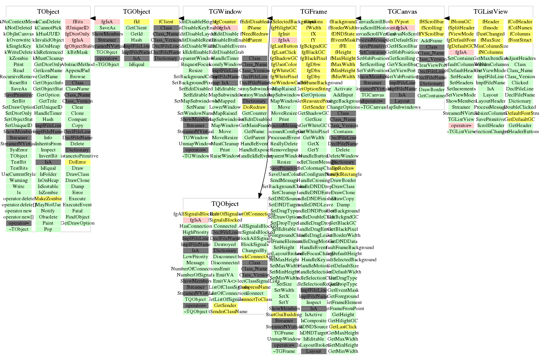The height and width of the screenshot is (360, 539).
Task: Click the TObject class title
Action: point(48,12)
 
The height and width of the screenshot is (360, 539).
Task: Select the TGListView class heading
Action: point(491,12)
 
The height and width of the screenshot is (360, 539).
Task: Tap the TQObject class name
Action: point(225,204)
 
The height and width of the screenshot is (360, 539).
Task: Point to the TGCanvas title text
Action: point(402,12)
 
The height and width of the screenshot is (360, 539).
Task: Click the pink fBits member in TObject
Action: point(78,22)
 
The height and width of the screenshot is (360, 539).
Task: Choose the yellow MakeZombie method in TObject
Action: point(48,199)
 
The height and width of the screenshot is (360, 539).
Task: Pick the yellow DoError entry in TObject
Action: point(77,162)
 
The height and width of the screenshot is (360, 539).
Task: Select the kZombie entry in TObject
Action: point(19,58)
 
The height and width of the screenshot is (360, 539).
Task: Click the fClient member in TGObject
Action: point(166,22)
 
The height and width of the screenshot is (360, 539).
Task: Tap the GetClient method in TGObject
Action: point(136,28)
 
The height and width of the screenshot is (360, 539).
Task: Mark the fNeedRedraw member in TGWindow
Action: point(254,34)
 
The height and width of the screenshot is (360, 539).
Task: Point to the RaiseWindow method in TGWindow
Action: point(225,156)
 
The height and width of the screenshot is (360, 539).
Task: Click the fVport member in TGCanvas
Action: point(402,22)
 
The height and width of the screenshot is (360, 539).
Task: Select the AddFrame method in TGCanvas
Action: point(431,41)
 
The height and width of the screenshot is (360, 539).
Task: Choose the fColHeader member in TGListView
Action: point(520,22)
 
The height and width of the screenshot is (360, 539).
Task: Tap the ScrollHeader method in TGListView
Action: point(491,125)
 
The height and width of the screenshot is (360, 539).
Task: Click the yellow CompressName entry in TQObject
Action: point(254,287)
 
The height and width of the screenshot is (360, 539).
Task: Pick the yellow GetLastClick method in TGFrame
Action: point(343,327)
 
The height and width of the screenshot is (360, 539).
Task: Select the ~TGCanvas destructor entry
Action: point(372,107)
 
